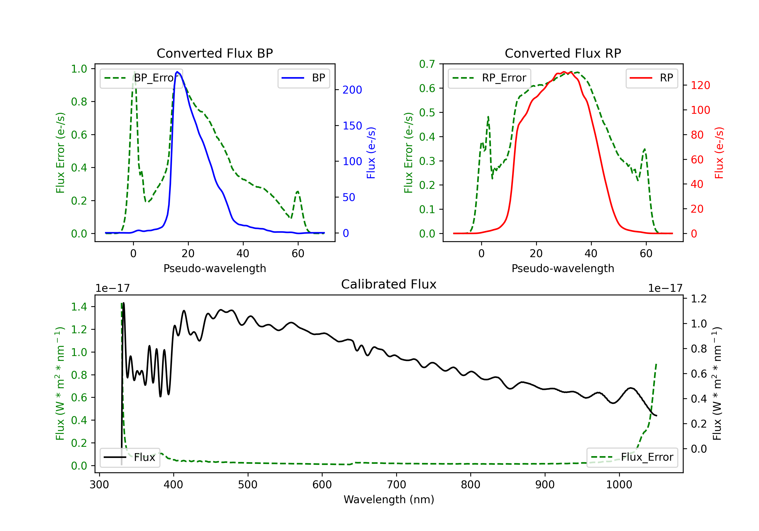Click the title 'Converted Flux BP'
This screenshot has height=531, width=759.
215,53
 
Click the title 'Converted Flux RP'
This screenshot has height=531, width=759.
563,53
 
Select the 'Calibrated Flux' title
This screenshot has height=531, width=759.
389,284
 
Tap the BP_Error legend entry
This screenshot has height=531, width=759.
141,78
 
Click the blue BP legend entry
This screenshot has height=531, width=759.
303,78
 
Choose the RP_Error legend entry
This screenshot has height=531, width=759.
489,78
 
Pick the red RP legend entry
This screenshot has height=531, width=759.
651,78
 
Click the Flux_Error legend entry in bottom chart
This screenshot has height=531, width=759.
632,457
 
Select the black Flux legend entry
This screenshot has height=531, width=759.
130,457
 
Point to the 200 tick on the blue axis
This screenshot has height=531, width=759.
352,90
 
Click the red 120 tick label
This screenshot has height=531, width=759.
701,85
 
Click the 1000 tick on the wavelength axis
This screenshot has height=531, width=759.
619,484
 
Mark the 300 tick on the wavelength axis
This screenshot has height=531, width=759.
99,484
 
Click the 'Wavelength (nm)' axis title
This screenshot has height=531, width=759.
389,499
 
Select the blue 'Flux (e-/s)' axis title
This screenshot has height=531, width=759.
371,153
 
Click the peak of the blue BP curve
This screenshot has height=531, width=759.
177,72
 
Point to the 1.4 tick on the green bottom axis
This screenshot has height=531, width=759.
79,307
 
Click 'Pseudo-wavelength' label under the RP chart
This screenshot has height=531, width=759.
563,268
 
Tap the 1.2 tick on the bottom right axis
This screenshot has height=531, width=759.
699,299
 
